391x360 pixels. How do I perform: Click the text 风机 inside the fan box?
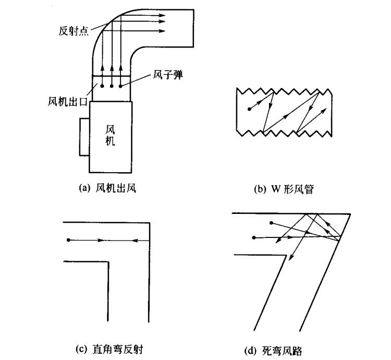click(x=110, y=134)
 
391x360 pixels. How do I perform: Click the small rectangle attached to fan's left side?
click(x=85, y=137)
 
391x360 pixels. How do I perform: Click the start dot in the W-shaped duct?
click(x=250, y=110)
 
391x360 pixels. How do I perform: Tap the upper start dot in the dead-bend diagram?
click(x=271, y=223)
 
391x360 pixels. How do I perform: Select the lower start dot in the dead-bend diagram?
click(x=254, y=237)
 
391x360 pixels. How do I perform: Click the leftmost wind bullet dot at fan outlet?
click(x=103, y=86)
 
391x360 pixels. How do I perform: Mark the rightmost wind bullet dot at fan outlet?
click(x=121, y=86)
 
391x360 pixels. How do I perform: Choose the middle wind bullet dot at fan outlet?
click(x=112, y=86)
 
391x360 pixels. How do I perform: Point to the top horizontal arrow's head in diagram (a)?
click(x=162, y=16)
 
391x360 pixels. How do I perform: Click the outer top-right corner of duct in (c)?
click(x=150, y=223)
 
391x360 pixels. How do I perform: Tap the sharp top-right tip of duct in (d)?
click(x=349, y=213)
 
